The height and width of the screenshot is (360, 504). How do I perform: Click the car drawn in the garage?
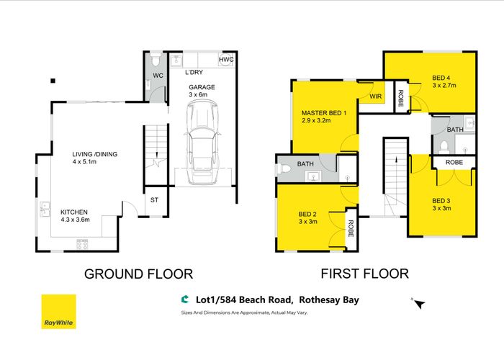(202, 143)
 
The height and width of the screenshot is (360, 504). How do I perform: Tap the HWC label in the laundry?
(226, 60)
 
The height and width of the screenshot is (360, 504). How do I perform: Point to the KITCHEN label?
(74, 212)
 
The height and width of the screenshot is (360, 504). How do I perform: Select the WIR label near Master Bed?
(376, 96)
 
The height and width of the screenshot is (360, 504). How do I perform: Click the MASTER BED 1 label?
(324, 112)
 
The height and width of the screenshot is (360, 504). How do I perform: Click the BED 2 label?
(309, 214)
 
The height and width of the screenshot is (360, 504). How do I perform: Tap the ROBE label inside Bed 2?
(351, 229)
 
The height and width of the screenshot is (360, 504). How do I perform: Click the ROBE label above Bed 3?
(454, 163)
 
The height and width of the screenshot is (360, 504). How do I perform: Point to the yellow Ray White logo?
(60, 312)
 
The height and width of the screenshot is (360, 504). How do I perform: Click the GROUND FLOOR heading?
(138, 274)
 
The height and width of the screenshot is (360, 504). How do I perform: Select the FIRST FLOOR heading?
(365, 274)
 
